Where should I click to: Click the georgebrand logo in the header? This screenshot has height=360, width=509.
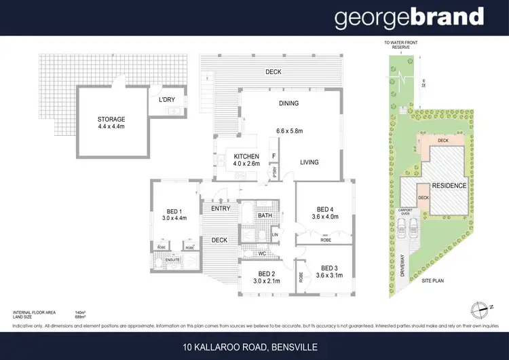409,18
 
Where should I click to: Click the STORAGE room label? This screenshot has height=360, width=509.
111,120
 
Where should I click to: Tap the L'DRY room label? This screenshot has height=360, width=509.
167,101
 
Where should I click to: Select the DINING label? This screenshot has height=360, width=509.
288,103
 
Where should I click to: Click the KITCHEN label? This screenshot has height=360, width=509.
247,156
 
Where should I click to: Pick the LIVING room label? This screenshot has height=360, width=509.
309,162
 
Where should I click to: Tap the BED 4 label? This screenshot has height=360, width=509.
328,209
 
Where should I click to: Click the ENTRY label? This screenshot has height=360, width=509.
220,209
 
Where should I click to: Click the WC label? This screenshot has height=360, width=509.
261,253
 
